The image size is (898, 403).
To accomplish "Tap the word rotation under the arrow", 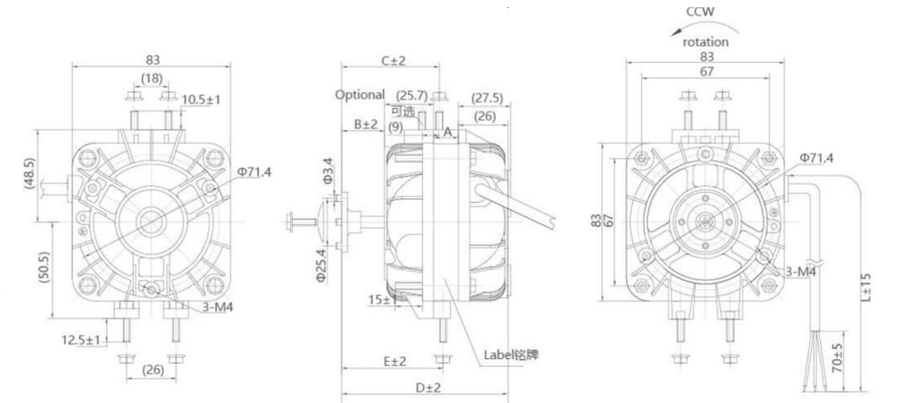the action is pos(706,42).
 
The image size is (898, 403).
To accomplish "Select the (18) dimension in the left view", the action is pos(152,78).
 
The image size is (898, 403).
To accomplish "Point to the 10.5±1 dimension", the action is pos(201,100).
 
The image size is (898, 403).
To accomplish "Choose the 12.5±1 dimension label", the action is pos(81,340).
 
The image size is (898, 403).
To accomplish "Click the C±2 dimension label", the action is pos(393,60).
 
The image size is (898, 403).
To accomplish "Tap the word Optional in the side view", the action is pos(360,94).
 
